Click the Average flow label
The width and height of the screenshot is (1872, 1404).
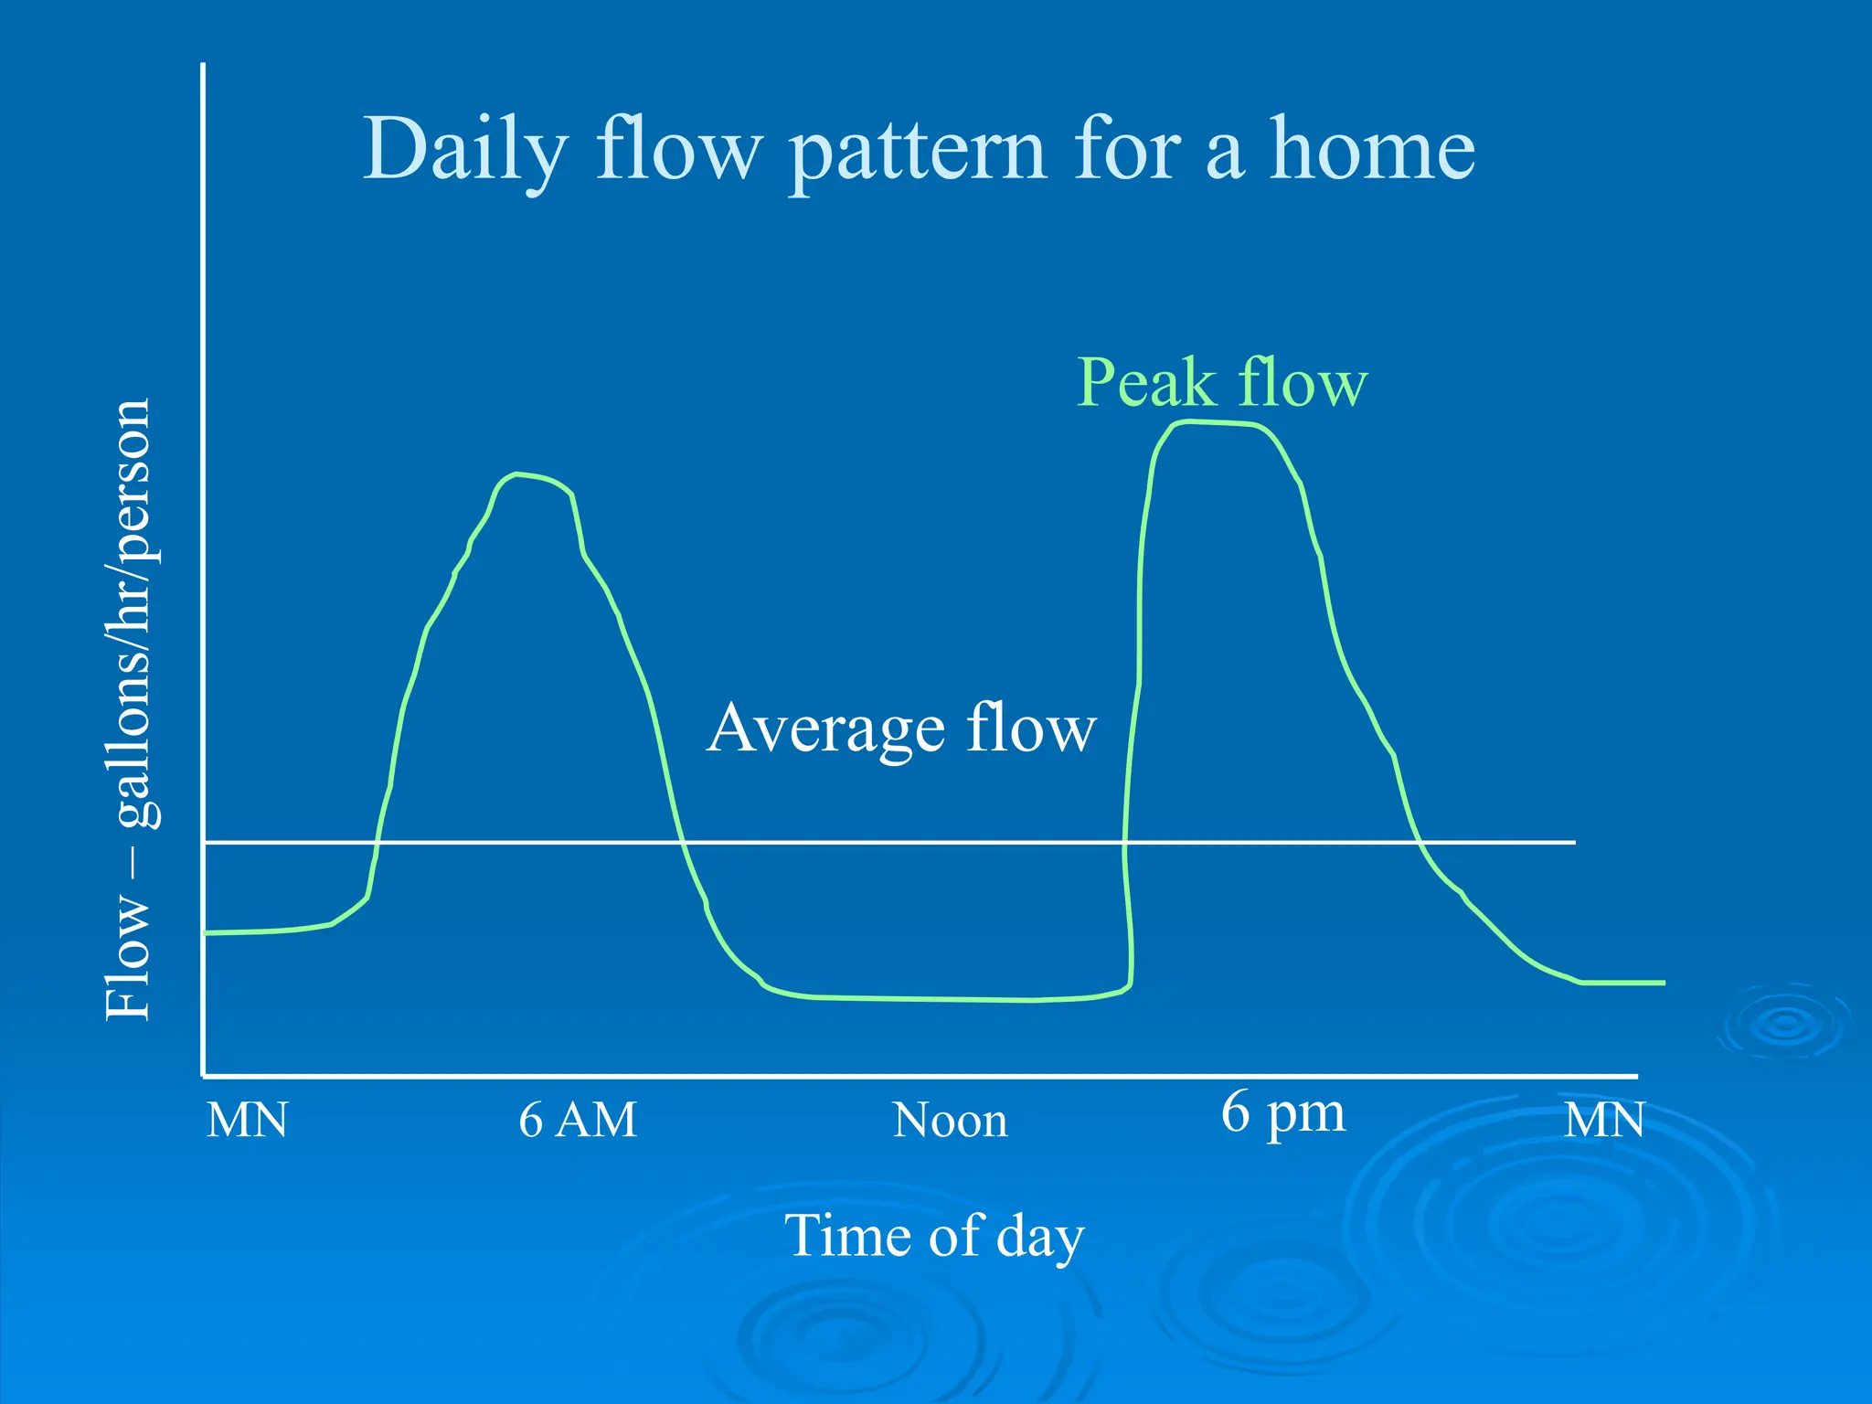click(901, 729)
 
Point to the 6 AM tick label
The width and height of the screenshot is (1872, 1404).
click(577, 1120)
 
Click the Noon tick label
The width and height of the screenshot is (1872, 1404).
click(950, 1121)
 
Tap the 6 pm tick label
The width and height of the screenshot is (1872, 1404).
click(1282, 1114)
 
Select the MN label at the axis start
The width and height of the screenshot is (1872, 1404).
click(247, 1121)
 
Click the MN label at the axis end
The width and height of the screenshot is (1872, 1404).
click(1604, 1121)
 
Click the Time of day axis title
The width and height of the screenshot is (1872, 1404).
click(934, 1237)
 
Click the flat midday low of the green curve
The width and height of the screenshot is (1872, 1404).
click(941, 999)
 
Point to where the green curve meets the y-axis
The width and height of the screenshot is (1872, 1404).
click(206, 932)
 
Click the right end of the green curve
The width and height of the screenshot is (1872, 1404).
click(1663, 983)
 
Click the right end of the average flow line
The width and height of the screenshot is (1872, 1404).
click(1573, 842)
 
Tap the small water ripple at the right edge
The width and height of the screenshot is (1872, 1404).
click(1785, 1024)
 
